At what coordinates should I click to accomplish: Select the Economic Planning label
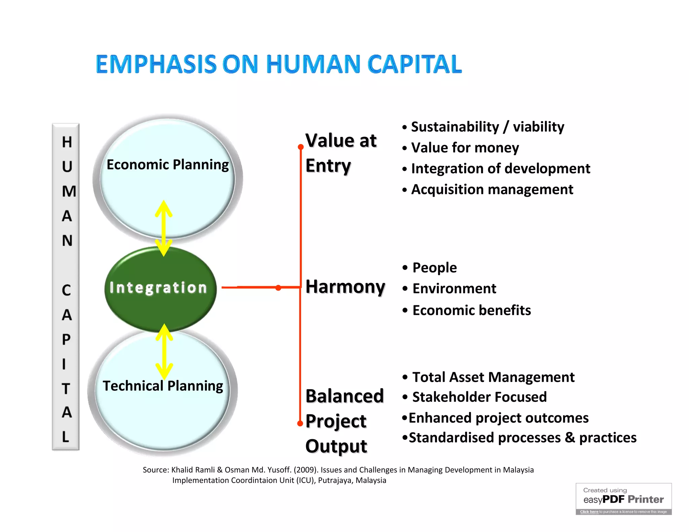click(x=168, y=165)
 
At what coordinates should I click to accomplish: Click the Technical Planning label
click(x=163, y=386)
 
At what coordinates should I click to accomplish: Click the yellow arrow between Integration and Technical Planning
click(x=164, y=352)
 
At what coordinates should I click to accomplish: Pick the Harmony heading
click(x=345, y=287)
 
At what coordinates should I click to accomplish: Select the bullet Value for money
click(x=465, y=148)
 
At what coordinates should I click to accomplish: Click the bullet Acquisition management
click(x=492, y=189)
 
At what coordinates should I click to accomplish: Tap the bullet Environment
click(x=454, y=289)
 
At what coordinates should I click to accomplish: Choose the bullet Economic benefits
click(x=471, y=310)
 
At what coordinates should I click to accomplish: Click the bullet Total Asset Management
click(x=493, y=377)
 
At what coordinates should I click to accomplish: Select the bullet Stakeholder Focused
click(x=479, y=397)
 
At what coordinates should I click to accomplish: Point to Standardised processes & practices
click(x=522, y=438)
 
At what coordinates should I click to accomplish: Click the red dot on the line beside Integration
click(x=278, y=288)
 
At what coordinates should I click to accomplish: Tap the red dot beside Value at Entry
click(x=301, y=147)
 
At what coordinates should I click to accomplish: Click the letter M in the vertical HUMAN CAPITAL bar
click(x=69, y=191)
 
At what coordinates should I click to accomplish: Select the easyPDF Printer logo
click(x=623, y=499)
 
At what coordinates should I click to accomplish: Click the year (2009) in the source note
click(x=306, y=470)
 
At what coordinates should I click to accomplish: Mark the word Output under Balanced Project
click(x=336, y=446)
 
